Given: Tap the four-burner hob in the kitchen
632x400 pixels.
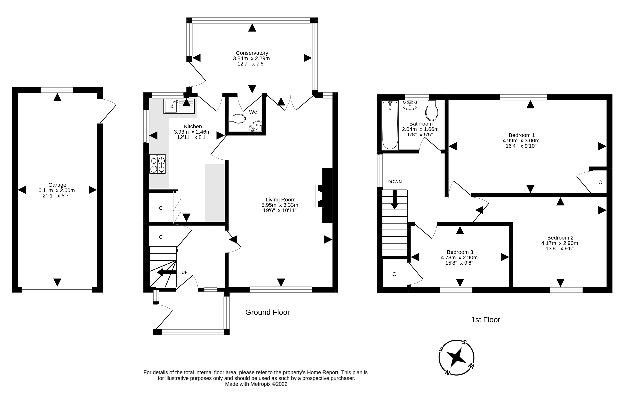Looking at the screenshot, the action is point(157,164).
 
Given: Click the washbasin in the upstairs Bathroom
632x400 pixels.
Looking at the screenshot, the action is point(410,106).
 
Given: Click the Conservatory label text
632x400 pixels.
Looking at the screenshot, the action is point(252,53).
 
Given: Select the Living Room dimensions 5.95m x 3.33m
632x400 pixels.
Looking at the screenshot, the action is point(280,205).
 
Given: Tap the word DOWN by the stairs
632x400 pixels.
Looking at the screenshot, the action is point(395,182).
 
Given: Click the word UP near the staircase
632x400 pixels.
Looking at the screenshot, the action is point(184,272).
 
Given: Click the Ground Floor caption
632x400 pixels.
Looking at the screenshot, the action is point(267,312).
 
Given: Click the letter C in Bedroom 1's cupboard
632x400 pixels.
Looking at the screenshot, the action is point(600,182).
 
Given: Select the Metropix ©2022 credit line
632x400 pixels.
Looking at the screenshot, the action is point(256,384).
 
